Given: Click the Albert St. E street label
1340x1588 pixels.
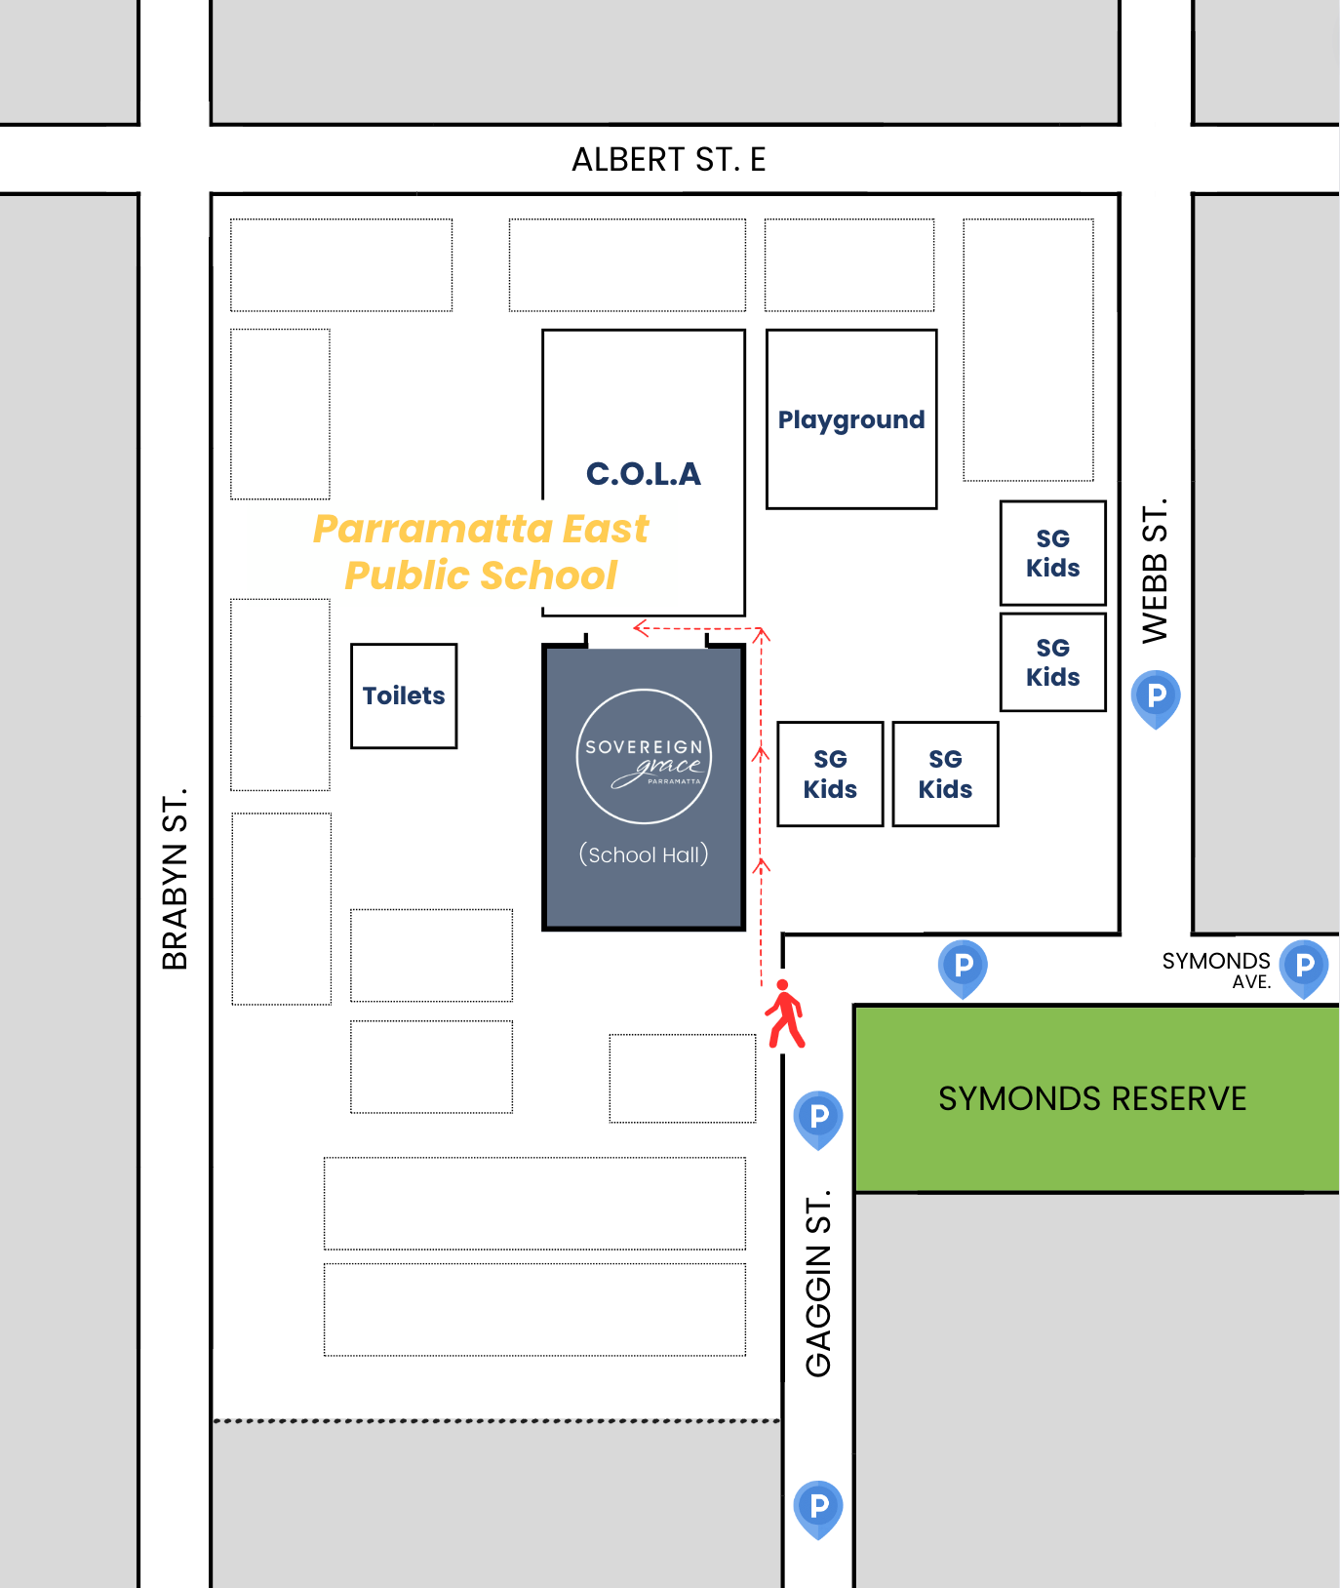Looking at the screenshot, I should click(x=668, y=159).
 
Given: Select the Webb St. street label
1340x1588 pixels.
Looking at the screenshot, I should click(x=1155, y=572).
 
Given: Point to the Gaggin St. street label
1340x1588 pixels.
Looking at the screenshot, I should click(x=818, y=1283).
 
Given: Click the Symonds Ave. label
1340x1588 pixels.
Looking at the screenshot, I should click(x=1216, y=970).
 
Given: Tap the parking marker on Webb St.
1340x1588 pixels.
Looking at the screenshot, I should click(x=1156, y=697).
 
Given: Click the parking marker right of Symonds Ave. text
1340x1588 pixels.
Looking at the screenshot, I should click(x=1304, y=967).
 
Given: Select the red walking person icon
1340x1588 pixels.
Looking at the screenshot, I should click(x=784, y=1014).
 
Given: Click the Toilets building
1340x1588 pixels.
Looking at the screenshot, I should click(x=404, y=695).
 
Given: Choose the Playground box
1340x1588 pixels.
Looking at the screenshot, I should click(x=851, y=419).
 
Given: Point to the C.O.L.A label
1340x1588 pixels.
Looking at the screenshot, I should click(x=644, y=474).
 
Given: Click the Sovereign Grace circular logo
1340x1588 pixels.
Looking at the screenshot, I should click(x=644, y=756).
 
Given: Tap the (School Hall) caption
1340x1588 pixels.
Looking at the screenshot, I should click(x=644, y=854).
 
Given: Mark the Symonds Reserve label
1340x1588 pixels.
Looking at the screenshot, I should click(x=1092, y=1098).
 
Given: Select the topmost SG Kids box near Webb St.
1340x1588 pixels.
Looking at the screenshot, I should click(x=1052, y=553).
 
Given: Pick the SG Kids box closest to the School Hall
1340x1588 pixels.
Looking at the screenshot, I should click(x=830, y=774).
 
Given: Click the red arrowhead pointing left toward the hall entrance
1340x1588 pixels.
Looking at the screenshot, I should click(x=641, y=627).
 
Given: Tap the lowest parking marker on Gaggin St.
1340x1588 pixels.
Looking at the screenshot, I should click(x=818, y=1507).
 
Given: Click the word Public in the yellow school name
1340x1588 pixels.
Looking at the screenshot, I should click(x=408, y=576).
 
